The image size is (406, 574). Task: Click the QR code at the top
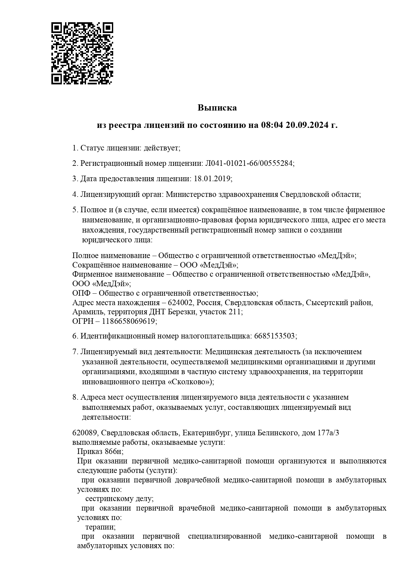(82, 53)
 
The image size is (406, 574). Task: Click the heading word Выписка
(217, 108)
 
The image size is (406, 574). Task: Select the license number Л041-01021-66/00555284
(249, 163)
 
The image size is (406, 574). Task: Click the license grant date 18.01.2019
(212, 179)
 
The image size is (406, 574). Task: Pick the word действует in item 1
(162, 148)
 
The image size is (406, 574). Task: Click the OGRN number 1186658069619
(128, 321)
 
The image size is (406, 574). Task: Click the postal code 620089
(85, 433)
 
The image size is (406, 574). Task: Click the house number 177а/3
(328, 433)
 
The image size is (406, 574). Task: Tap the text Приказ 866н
(100, 452)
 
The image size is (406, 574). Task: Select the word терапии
(100, 527)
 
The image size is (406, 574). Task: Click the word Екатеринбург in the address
(207, 433)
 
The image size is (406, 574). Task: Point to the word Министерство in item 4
(190, 194)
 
